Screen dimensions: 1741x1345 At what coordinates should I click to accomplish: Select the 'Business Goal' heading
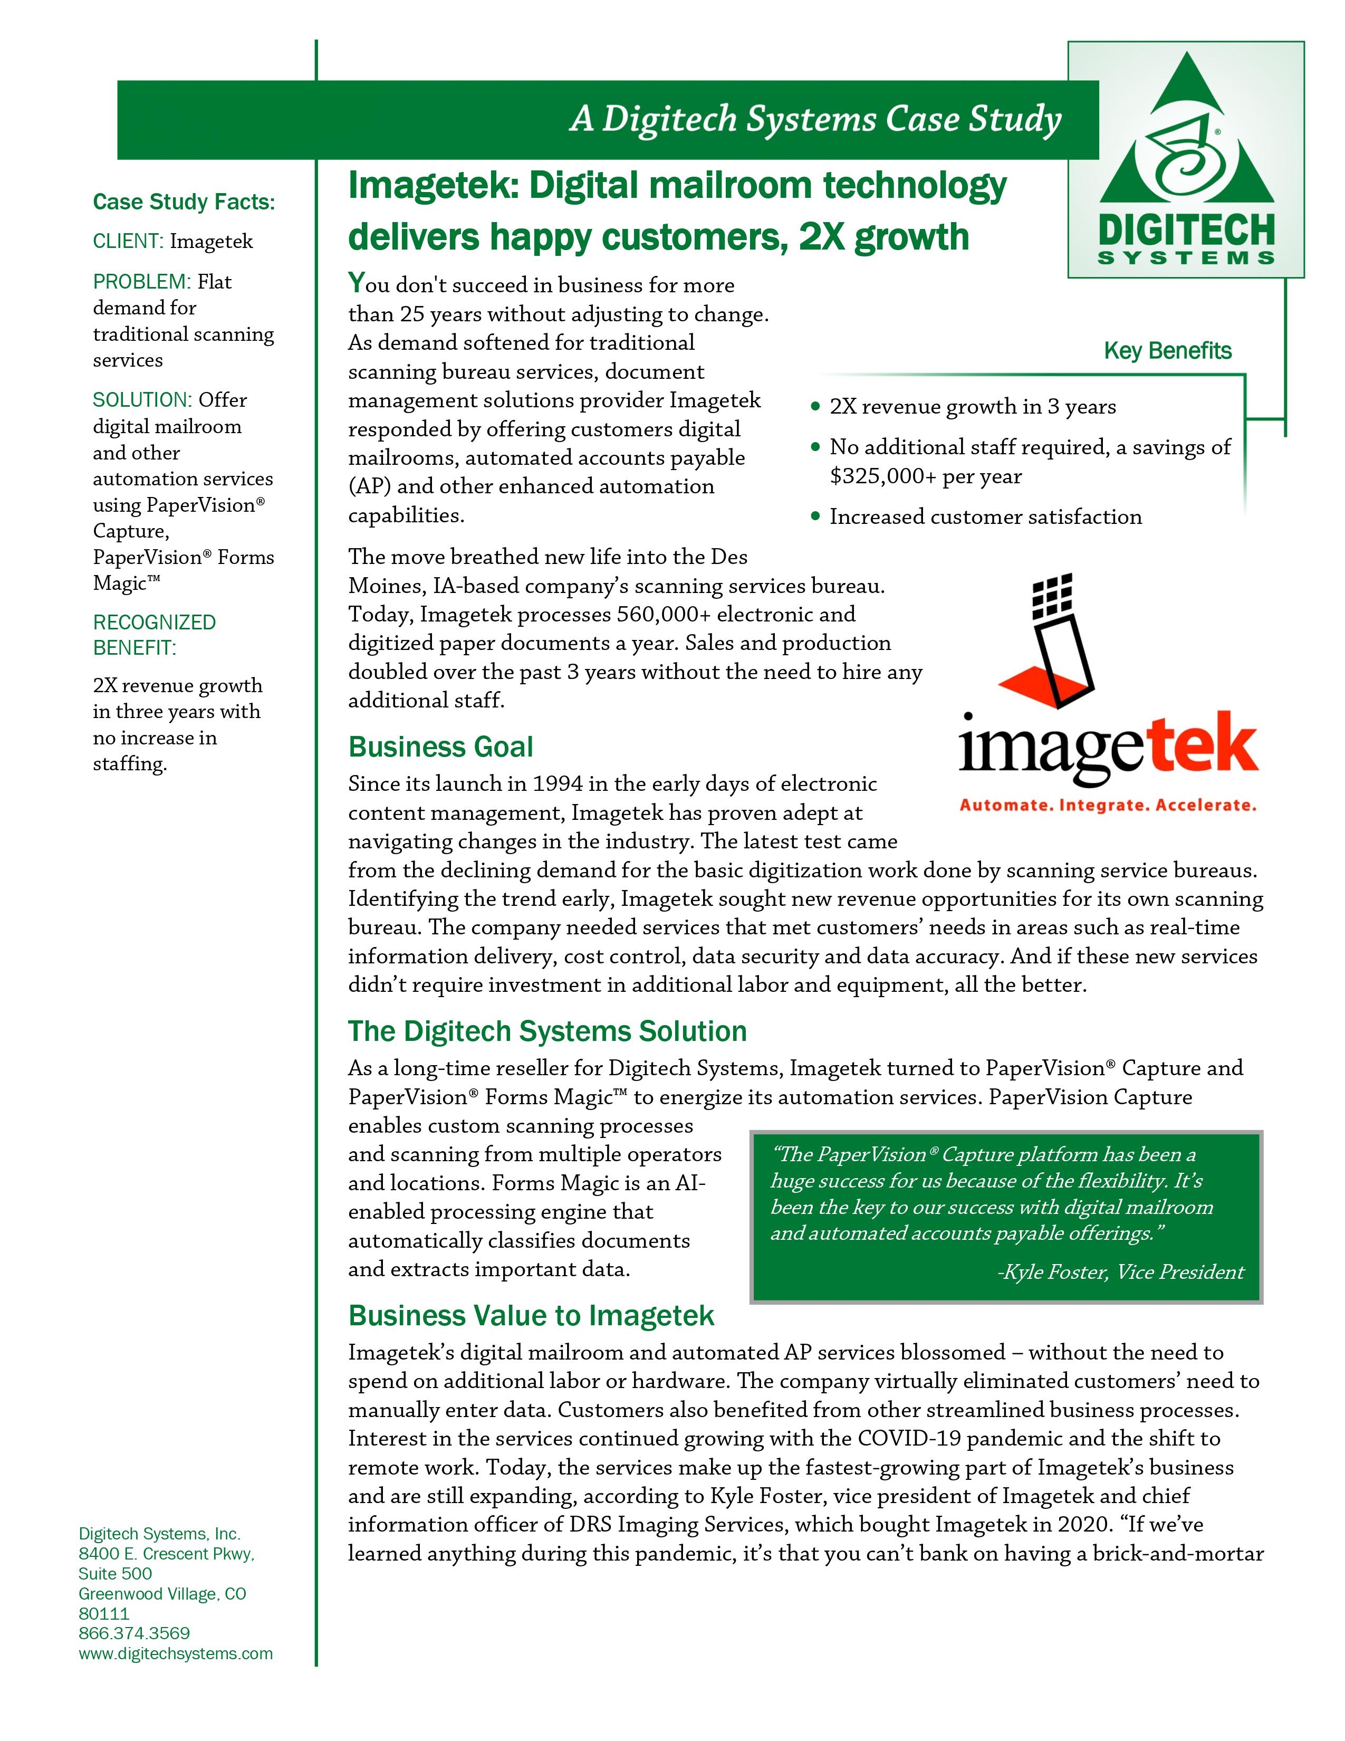click(440, 747)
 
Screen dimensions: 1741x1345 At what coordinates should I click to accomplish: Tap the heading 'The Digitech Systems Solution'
click(547, 1031)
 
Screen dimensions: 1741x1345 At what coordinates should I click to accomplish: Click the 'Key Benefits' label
click(1167, 351)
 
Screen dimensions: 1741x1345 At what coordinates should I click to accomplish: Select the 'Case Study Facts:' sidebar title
click(183, 203)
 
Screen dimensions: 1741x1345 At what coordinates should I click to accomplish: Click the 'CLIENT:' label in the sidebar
click(128, 242)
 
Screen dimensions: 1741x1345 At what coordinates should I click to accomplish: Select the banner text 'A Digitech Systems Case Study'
click(815, 120)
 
